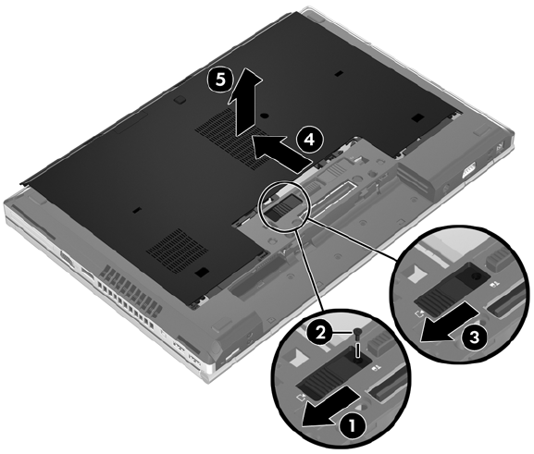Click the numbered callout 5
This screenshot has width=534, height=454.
click(220, 80)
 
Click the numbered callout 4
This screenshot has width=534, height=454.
click(309, 140)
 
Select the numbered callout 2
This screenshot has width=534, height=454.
click(320, 333)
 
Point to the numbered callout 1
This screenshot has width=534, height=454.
click(352, 424)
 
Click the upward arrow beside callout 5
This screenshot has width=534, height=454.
click(245, 102)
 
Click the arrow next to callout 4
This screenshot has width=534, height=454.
click(281, 151)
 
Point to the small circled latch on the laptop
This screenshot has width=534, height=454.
click(284, 207)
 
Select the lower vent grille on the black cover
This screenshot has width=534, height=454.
click(177, 249)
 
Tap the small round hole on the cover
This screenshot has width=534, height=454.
click(263, 116)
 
